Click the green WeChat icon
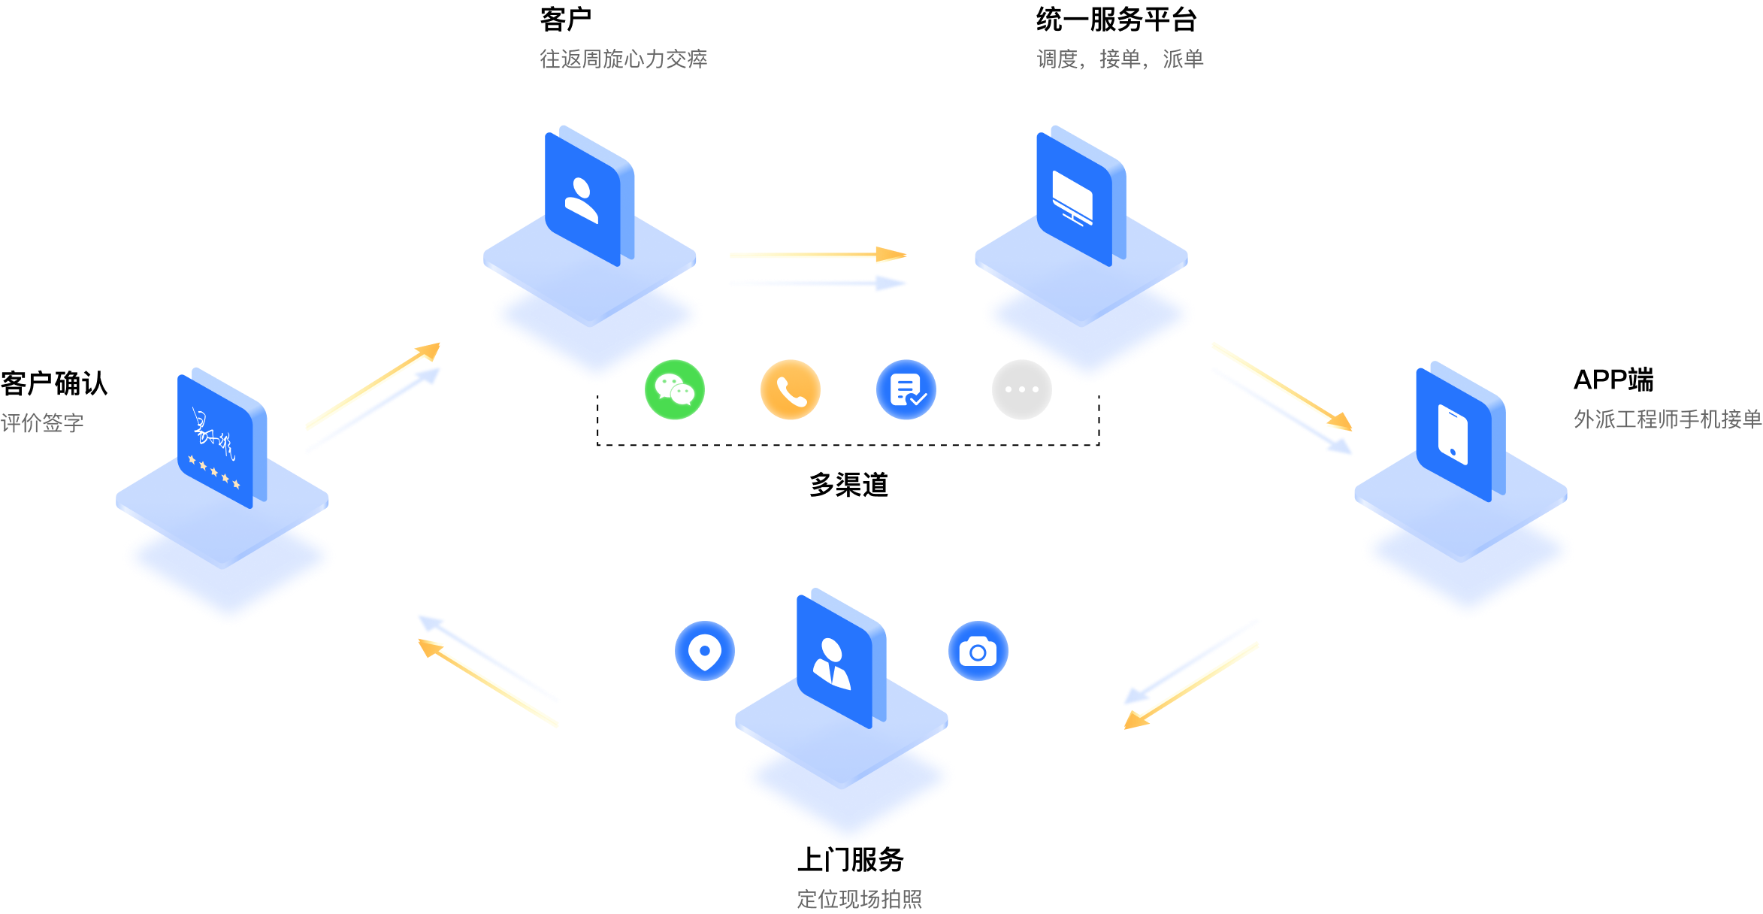coord(675,390)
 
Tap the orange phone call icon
coord(791,390)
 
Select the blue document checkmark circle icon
coord(906,390)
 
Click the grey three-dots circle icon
coord(1022,390)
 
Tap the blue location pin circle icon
coord(705,651)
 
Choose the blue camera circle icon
coord(978,651)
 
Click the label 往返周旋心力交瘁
coord(623,59)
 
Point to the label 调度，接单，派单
coord(1120,59)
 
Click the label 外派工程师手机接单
coord(1668,419)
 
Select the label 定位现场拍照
coord(859,899)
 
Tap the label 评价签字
coord(42,423)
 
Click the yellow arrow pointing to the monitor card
coord(818,256)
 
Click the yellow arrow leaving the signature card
coord(372,386)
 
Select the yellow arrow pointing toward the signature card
coord(488,684)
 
